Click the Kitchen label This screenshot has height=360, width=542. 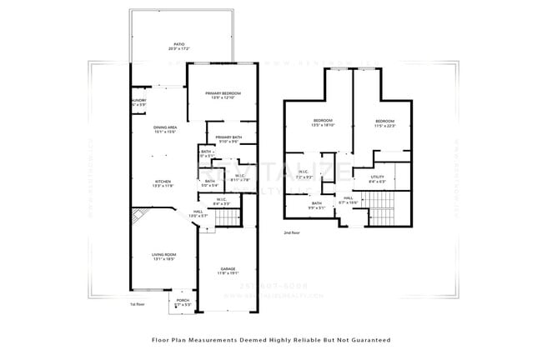[162, 183]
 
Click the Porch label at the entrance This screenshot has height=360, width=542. [182, 302]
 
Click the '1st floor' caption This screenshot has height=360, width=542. [138, 305]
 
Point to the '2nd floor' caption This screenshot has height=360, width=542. [291, 232]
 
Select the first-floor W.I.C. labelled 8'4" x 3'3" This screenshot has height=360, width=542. [222, 201]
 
